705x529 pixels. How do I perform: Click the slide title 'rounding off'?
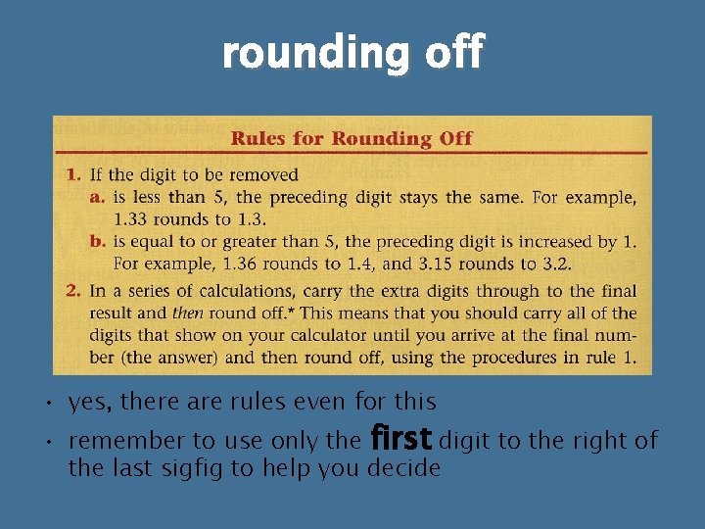click(x=352, y=53)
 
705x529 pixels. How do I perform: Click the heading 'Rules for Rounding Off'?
click(x=352, y=138)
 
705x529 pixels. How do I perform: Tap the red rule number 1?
click(x=72, y=175)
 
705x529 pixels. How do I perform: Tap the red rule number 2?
click(x=72, y=291)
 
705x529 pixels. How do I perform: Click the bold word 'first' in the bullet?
click(x=400, y=440)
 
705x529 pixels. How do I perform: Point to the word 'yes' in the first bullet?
click(x=84, y=403)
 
